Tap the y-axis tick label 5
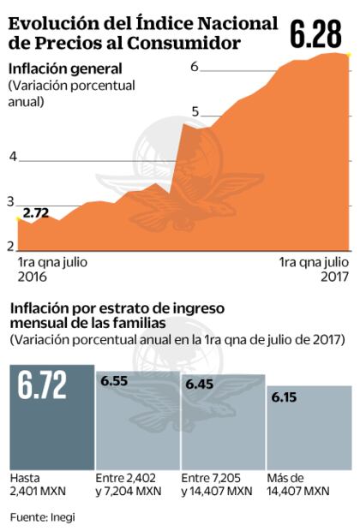click(x=196, y=112)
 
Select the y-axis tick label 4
click(x=12, y=157)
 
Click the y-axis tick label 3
click(x=11, y=201)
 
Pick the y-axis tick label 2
click(x=11, y=247)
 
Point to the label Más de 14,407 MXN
click(x=300, y=484)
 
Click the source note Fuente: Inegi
click(x=39, y=517)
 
